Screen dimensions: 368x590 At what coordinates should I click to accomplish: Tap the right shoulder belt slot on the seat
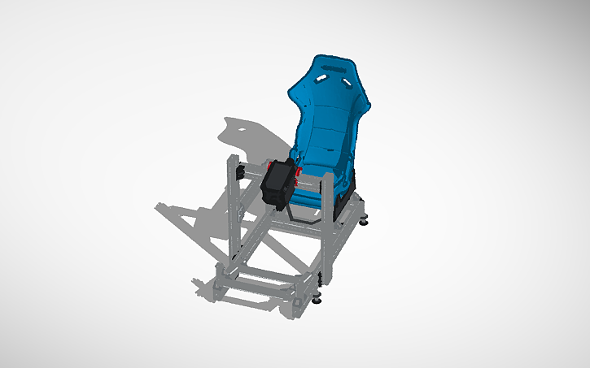347,82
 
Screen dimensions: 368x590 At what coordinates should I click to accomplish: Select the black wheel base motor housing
278,183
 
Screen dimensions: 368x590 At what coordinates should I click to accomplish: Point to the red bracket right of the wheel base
299,172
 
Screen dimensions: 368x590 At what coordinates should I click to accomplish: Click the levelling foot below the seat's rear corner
363,218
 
